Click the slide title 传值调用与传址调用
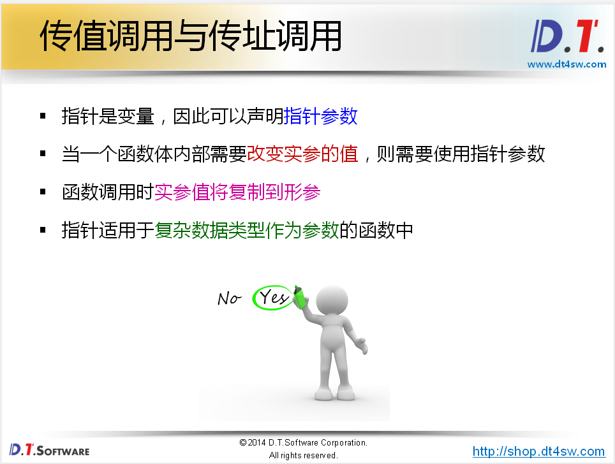pos(190,36)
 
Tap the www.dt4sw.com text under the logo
pos(567,64)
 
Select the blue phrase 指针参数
pos(320,117)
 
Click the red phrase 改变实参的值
pos(302,154)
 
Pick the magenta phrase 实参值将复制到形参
pos(237,192)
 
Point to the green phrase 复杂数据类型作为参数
pos(246,230)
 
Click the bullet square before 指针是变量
pos(43,116)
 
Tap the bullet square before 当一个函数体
pos(43,154)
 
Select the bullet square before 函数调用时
pos(43,192)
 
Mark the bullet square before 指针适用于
pos(43,229)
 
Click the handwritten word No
pos(229,298)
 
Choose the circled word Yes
pos(274,297)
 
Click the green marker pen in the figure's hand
pos(299,296)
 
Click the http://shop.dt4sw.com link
pos(538,451)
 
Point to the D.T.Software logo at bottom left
pos(49,449)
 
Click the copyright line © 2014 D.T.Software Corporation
pos(303,442)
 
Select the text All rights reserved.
pos(303,455)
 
